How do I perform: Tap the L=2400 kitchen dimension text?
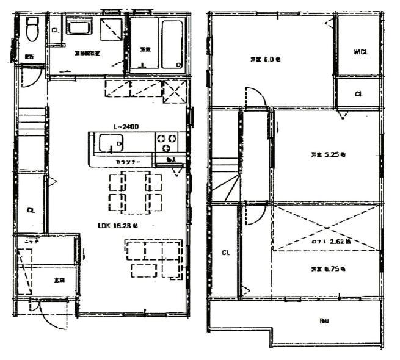[126, 126]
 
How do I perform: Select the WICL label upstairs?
[361, 52]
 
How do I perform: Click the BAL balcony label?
[325, 322]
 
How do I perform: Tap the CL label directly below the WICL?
[359, 94]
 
